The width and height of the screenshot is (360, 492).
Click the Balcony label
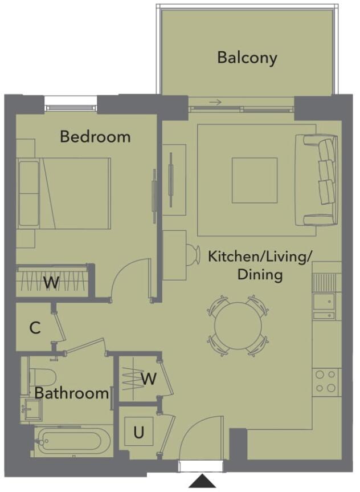click(x=247, y=58)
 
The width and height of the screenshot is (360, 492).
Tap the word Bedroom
click(x=95, y=137)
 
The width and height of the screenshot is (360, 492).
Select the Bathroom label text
click(x=71, y=393)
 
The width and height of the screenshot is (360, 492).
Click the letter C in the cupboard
click(x=34, y=328)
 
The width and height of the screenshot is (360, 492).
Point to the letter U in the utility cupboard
click(x=138, y=433)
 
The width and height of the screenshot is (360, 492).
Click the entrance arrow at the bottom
click(x=202, y=482)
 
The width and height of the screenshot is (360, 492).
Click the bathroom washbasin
click(x=31, y=408)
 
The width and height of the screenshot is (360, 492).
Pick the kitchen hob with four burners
click(x=326, y=381)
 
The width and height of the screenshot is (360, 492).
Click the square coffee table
click(x=254, y=180)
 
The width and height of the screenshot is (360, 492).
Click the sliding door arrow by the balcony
click(x=215, y=103)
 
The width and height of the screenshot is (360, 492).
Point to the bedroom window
click(x=71, y=105)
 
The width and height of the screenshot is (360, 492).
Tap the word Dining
click(x=260, y=275)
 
